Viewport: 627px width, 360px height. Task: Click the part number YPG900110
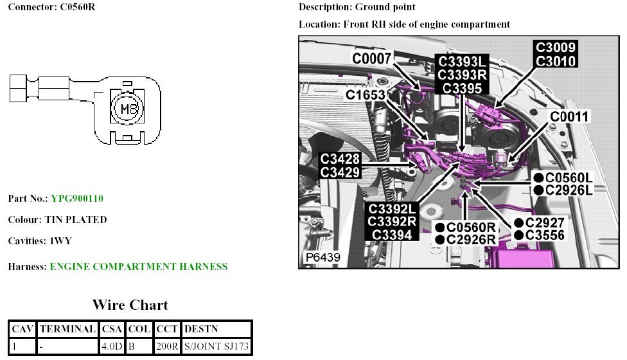click(x=77, y=199)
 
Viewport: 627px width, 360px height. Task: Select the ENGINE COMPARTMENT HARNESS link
click(x=138, y=266)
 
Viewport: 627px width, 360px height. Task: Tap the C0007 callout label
click(x=372, y=59)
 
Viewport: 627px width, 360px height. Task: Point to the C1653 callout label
click(x=366, y=95)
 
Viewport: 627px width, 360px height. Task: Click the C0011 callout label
click(x=569, y=116)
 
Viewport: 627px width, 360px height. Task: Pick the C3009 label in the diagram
click(x=556, y=48)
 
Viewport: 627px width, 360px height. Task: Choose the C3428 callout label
click(x=340, y=159)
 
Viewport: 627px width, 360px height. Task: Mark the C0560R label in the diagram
click(x=471, y=228)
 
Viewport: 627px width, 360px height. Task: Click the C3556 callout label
click(x=545, y=235)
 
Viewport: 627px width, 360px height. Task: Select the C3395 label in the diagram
click(x=463, y=87)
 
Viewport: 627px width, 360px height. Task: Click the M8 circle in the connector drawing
click(x=125, y=107)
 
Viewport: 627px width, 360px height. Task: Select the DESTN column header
click(x=201, y=329)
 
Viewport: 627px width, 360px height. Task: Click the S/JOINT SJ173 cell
click(x=216, y=347)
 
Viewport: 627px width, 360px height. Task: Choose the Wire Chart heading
click(x=130, y=305)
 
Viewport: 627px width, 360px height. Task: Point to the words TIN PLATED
click(x=75, y=220)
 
